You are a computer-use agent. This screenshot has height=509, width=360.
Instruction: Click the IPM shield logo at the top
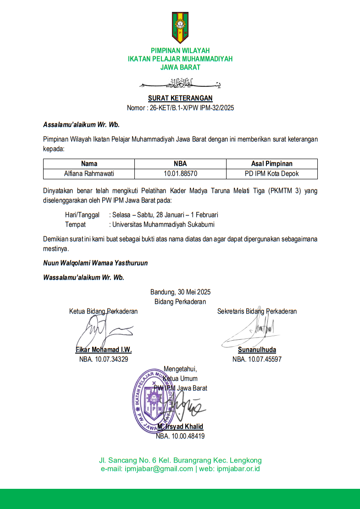click(180, 28)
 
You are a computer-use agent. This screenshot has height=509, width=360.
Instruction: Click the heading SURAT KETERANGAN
click(180, 98)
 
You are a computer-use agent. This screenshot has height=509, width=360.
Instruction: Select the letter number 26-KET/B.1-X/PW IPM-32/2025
click(192, 108)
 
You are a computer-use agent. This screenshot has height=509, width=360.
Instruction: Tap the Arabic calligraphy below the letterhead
click(180, 84)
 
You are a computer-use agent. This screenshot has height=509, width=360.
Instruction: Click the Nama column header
click(89, 164)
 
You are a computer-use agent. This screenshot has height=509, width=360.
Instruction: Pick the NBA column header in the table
click(180, 164)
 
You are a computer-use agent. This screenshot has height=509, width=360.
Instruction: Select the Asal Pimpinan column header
click(272, 164)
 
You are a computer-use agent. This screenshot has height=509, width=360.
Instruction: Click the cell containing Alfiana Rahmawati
click(89, 174)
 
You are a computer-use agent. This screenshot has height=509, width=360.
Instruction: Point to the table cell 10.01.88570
click(180, 174)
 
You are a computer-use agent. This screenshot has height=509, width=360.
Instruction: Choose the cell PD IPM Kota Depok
click(272, 174)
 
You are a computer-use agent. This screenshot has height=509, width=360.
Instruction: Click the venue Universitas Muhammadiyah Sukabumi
click(163, 225)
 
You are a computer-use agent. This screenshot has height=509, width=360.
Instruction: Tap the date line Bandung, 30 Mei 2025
click(180, 292)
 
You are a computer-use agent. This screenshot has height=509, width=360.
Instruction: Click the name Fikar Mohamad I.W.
click(104, 350)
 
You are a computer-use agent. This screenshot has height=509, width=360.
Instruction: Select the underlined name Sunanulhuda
click(257, 350)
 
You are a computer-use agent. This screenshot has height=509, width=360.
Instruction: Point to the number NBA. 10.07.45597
click(257, 359)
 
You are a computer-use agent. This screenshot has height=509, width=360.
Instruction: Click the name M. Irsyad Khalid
click(180, 427)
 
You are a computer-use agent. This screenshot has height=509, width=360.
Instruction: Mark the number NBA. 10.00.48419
click(180, 436)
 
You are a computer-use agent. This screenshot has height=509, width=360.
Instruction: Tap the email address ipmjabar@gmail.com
click(159, 469)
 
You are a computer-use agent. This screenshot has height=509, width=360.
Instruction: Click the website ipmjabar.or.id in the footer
click(238, 469)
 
